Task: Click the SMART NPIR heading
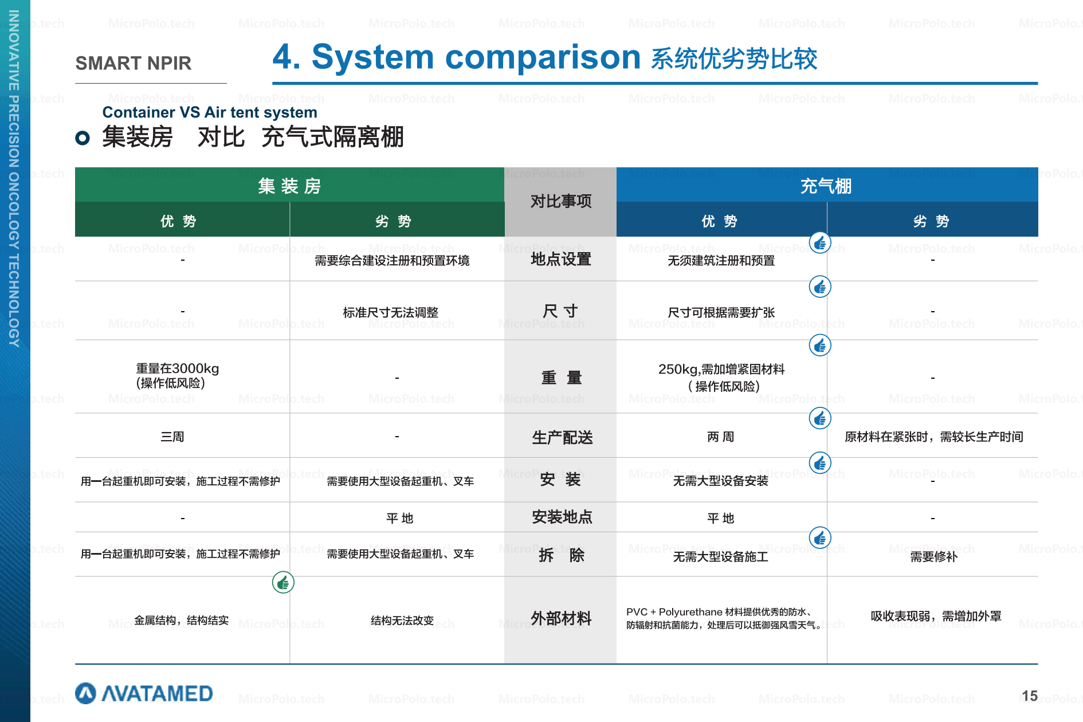(x=133, y=63)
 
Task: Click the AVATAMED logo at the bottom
(x=144, y=693)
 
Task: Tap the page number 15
(x=1029, y=696)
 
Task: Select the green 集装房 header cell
(x=289, y=185)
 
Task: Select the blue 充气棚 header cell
(x=827, y=185)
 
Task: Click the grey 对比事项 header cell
(x=560, y=202)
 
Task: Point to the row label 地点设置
(x=561, y=259)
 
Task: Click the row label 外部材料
(x=561, y=618)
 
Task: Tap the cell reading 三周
(x=172, y=437)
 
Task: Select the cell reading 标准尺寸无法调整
(x=391, y=312)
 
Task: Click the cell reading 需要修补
(x=933, y=556)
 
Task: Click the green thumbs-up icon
(x=283, y=583)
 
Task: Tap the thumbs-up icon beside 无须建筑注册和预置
(x=820, y=243)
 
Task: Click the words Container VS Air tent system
(x=210, y=112)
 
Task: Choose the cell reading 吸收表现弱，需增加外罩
(x=936, y=616)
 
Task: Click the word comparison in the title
(x=543, y=57)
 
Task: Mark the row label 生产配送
(x=562, y=437)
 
